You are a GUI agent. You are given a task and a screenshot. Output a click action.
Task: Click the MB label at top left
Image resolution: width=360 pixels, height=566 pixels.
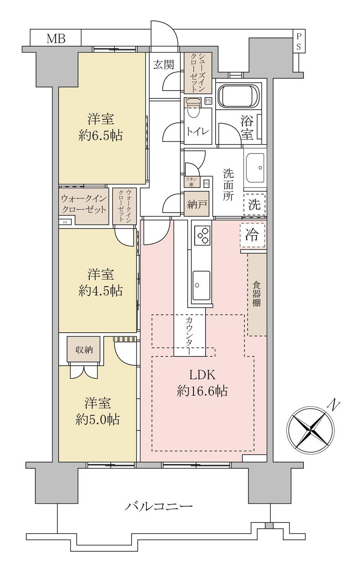coord(56,38)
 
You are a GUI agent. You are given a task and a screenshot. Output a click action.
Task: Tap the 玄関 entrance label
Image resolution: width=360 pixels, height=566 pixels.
coord(164,64)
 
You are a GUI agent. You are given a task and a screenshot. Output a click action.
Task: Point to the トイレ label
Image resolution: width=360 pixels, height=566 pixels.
coord(198,131)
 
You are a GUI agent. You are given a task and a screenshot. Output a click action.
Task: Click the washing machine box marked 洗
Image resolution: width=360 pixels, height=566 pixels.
coord(255,205)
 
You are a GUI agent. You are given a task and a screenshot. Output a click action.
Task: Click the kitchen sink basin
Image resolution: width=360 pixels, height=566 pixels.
coord(202,284)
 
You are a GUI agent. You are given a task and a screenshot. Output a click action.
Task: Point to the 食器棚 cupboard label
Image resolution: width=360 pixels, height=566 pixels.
coord(256,294)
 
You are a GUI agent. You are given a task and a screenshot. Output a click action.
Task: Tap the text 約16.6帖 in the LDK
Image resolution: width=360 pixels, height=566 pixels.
coord(202,391)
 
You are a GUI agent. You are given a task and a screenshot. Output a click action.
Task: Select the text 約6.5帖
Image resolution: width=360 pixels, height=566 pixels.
coord(100,136)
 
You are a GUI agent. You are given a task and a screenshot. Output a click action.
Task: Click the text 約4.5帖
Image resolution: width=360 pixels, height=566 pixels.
coord(100,291)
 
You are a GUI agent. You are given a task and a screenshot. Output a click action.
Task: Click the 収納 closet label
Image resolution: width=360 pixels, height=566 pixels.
coord(84,350)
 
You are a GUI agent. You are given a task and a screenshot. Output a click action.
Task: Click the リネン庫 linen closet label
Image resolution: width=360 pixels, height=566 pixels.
coord(191,182)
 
